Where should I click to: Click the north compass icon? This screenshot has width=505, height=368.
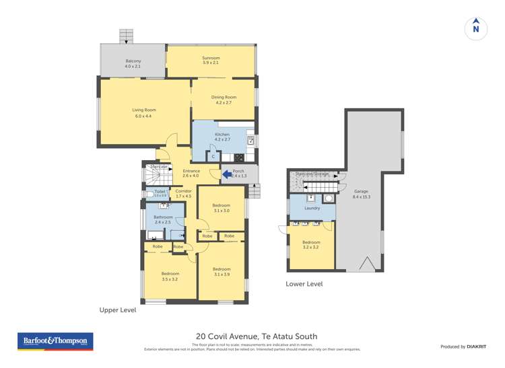(476, 28)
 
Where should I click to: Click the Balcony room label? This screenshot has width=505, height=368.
(133, 64)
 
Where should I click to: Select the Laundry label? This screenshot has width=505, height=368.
(312, 208)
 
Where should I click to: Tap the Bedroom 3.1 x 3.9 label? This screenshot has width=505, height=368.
(221, 271)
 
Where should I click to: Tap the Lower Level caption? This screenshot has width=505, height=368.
(304, 284)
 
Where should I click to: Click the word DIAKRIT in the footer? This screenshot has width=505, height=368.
(477, 346)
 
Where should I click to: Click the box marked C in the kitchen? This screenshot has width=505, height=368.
(213, 156)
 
